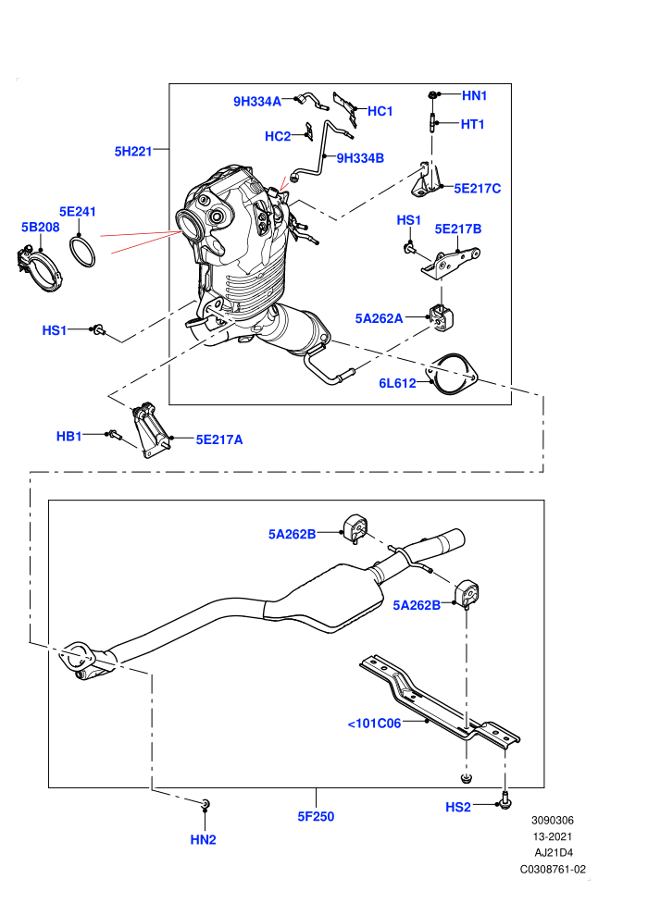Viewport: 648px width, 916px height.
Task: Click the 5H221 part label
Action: [x=133, y=152]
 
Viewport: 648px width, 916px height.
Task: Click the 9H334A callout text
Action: [x=257, y=102]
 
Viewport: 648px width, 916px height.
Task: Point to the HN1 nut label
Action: [x=475, y=95]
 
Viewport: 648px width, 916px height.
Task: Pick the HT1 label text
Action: [x=473, y=124]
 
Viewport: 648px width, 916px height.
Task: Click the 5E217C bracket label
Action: [x=478, y=188]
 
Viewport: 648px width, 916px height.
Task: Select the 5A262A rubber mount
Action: [x=442, y=316]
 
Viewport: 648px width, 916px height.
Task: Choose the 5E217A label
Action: [x=219, y=439]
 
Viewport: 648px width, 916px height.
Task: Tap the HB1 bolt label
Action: [x=69, y=436]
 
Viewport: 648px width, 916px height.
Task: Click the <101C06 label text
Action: [x=375, y=724]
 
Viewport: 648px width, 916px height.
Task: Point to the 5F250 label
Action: [x=316, y=816]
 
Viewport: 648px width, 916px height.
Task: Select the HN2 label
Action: [x=204, y=839]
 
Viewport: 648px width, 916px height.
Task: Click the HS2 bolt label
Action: [x=458, y=807]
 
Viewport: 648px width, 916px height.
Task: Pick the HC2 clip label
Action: [x=278, y=136]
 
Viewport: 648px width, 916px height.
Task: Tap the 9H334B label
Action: [x=360, y=157]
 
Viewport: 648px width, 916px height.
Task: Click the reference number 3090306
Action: [x=552, y=820]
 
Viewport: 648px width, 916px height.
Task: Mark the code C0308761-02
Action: [x=553, y=869]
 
